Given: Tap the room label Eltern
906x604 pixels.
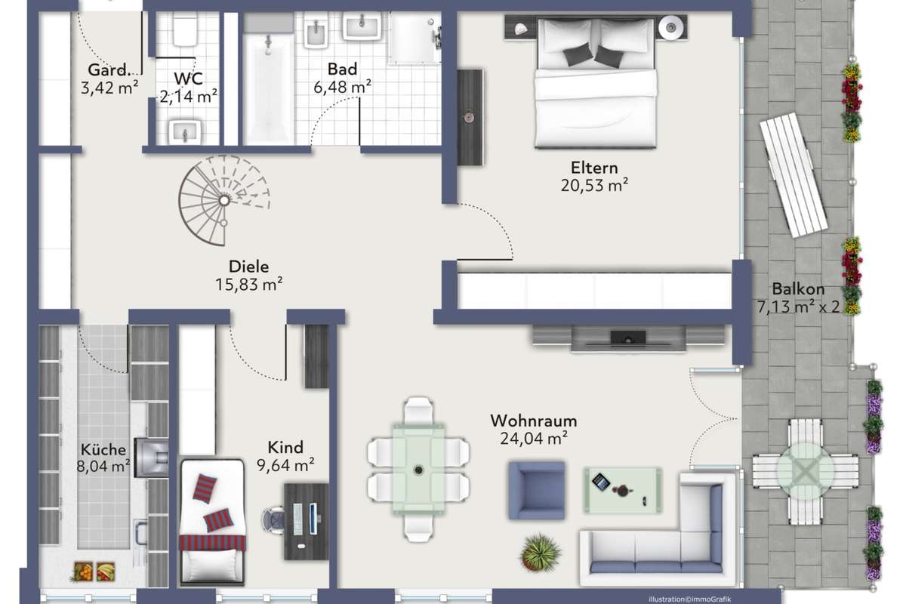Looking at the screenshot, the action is click(x=593, y=168).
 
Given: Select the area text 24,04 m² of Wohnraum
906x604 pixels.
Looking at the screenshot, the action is click(x=534, y=438).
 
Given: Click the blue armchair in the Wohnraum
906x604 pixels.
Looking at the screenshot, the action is click(x=537, y=490).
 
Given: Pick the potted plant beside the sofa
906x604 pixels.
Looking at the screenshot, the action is click(x=541, y=552).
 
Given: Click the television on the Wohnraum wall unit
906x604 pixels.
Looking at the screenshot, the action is click(x=627, y=338).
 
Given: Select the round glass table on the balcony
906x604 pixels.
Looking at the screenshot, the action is click(x=805, y=471).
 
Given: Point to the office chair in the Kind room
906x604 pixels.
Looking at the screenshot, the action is click(x=273, y=521).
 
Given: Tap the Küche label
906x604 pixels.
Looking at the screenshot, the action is click(x=103, y=449).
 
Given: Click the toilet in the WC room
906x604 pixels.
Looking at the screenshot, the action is click(x=185, y=29).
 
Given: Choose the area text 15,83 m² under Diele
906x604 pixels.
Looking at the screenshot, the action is click(x=248, y=284).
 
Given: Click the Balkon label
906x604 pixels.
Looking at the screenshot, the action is click(x=798, y=289).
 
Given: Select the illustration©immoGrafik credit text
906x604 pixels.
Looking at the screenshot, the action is click(x=689, y=599).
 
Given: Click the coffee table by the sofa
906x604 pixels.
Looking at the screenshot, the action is click(x=622, y=490).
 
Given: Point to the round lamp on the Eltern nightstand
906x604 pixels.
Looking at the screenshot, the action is click(x=671, y=27).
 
